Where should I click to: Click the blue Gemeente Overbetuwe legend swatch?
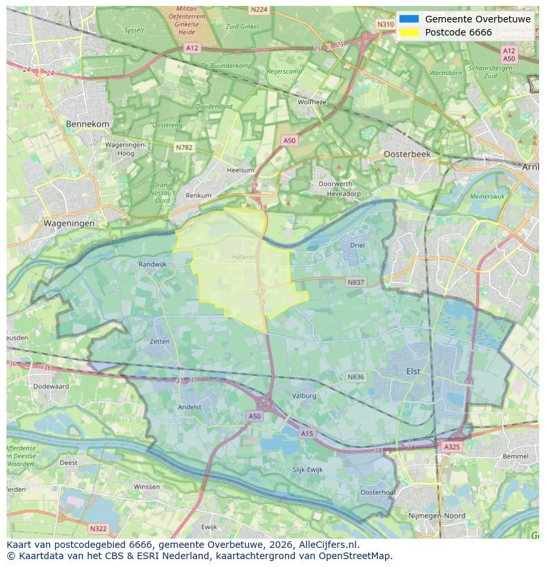tap(408, 19)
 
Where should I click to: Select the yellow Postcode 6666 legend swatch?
tap(408, 33)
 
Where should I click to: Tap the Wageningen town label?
tap(69, 223)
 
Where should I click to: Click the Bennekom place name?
tap(88, 124)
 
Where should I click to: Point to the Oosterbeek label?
tap(407, 153)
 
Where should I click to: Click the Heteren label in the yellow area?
tap(244, 257)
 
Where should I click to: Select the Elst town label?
tap(413, 371)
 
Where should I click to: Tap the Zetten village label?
tap(159, 342)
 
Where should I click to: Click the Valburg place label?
tap(304, 396)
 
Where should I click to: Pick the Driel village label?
tap(357, 245)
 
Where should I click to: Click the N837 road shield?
tap(355, 282)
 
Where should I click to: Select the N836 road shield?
tap(355, 377)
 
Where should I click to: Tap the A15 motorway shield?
tap(307, 433)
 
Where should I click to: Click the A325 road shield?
tap(452, 446)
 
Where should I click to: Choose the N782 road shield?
tap(184, 148)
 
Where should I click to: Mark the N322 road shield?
tap(97, 528)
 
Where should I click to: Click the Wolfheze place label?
tap(311, 102)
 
